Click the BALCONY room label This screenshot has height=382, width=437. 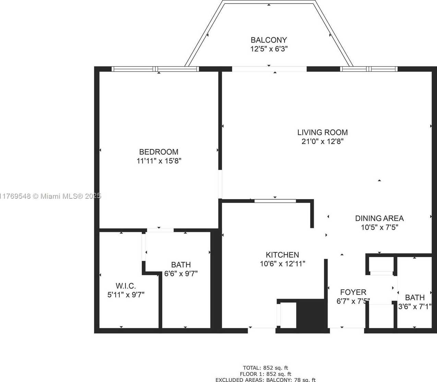(269, 40)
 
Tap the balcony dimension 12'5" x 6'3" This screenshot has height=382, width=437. (269, 49)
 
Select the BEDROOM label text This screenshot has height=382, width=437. (159, 152)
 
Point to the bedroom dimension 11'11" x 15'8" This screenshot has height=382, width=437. (159, 161)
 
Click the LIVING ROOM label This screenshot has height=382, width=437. (322, 132)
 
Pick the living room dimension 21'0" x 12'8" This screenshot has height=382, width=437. (322, 141)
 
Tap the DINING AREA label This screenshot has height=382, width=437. (379, 218)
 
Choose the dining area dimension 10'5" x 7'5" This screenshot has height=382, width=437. (379, 227)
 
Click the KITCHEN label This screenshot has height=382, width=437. (282, 255)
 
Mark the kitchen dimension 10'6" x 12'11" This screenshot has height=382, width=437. (282, 264)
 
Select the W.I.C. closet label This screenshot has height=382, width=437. (126, 286)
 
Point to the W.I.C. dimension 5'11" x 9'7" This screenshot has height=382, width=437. (126, 295)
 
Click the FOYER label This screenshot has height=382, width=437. (353, 292)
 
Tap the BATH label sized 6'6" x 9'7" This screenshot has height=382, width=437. (181, 265)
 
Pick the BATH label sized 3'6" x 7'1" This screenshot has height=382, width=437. (415, 297)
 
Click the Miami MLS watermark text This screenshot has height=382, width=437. (51, 196)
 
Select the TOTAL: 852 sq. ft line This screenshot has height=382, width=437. (265, 368)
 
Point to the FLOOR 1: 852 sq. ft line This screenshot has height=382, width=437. (265, 374)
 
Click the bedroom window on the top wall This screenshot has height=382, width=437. (155, 69)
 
